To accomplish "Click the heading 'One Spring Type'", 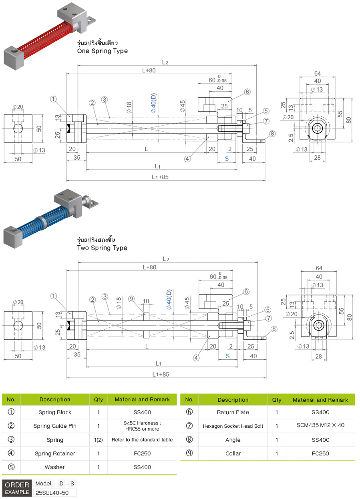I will click(103, 51).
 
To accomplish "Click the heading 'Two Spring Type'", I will click(102, 248).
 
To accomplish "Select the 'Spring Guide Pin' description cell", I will click(54, 426).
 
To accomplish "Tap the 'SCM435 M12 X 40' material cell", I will click(320, 426).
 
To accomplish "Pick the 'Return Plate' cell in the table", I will click(233, 412).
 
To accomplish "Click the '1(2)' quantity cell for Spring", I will click(98, 440).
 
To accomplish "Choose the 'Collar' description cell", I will click(233, 453).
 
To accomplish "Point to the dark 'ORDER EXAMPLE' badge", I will click(17, 489).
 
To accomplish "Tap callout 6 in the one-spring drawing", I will click(247, 92).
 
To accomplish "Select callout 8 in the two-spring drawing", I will click(274, 329).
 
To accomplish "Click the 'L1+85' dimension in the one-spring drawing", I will click(161, 177).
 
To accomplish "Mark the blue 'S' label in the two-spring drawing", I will click(227, 356).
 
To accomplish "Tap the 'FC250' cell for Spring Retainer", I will click(142, 453).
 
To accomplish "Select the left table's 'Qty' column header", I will click(98, 399).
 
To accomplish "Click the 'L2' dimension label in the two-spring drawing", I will click(166, 259).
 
